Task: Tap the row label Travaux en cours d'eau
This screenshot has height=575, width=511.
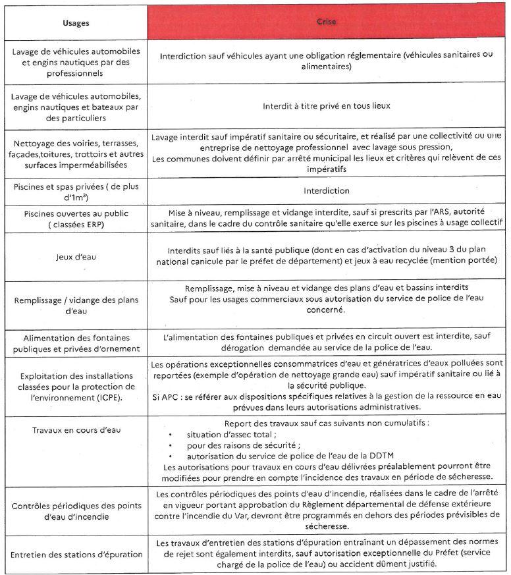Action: (x=76, y=431)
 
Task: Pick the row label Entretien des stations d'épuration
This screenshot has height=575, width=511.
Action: (x=76, y=554)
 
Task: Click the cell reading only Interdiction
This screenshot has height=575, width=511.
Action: (x=327, y=191)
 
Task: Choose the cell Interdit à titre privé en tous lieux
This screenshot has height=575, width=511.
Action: (x=327, y=103)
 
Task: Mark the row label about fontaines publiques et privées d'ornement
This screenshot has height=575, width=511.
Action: (x=76, y=343)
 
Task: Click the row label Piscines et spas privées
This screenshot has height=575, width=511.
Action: (x=76, y=191)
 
